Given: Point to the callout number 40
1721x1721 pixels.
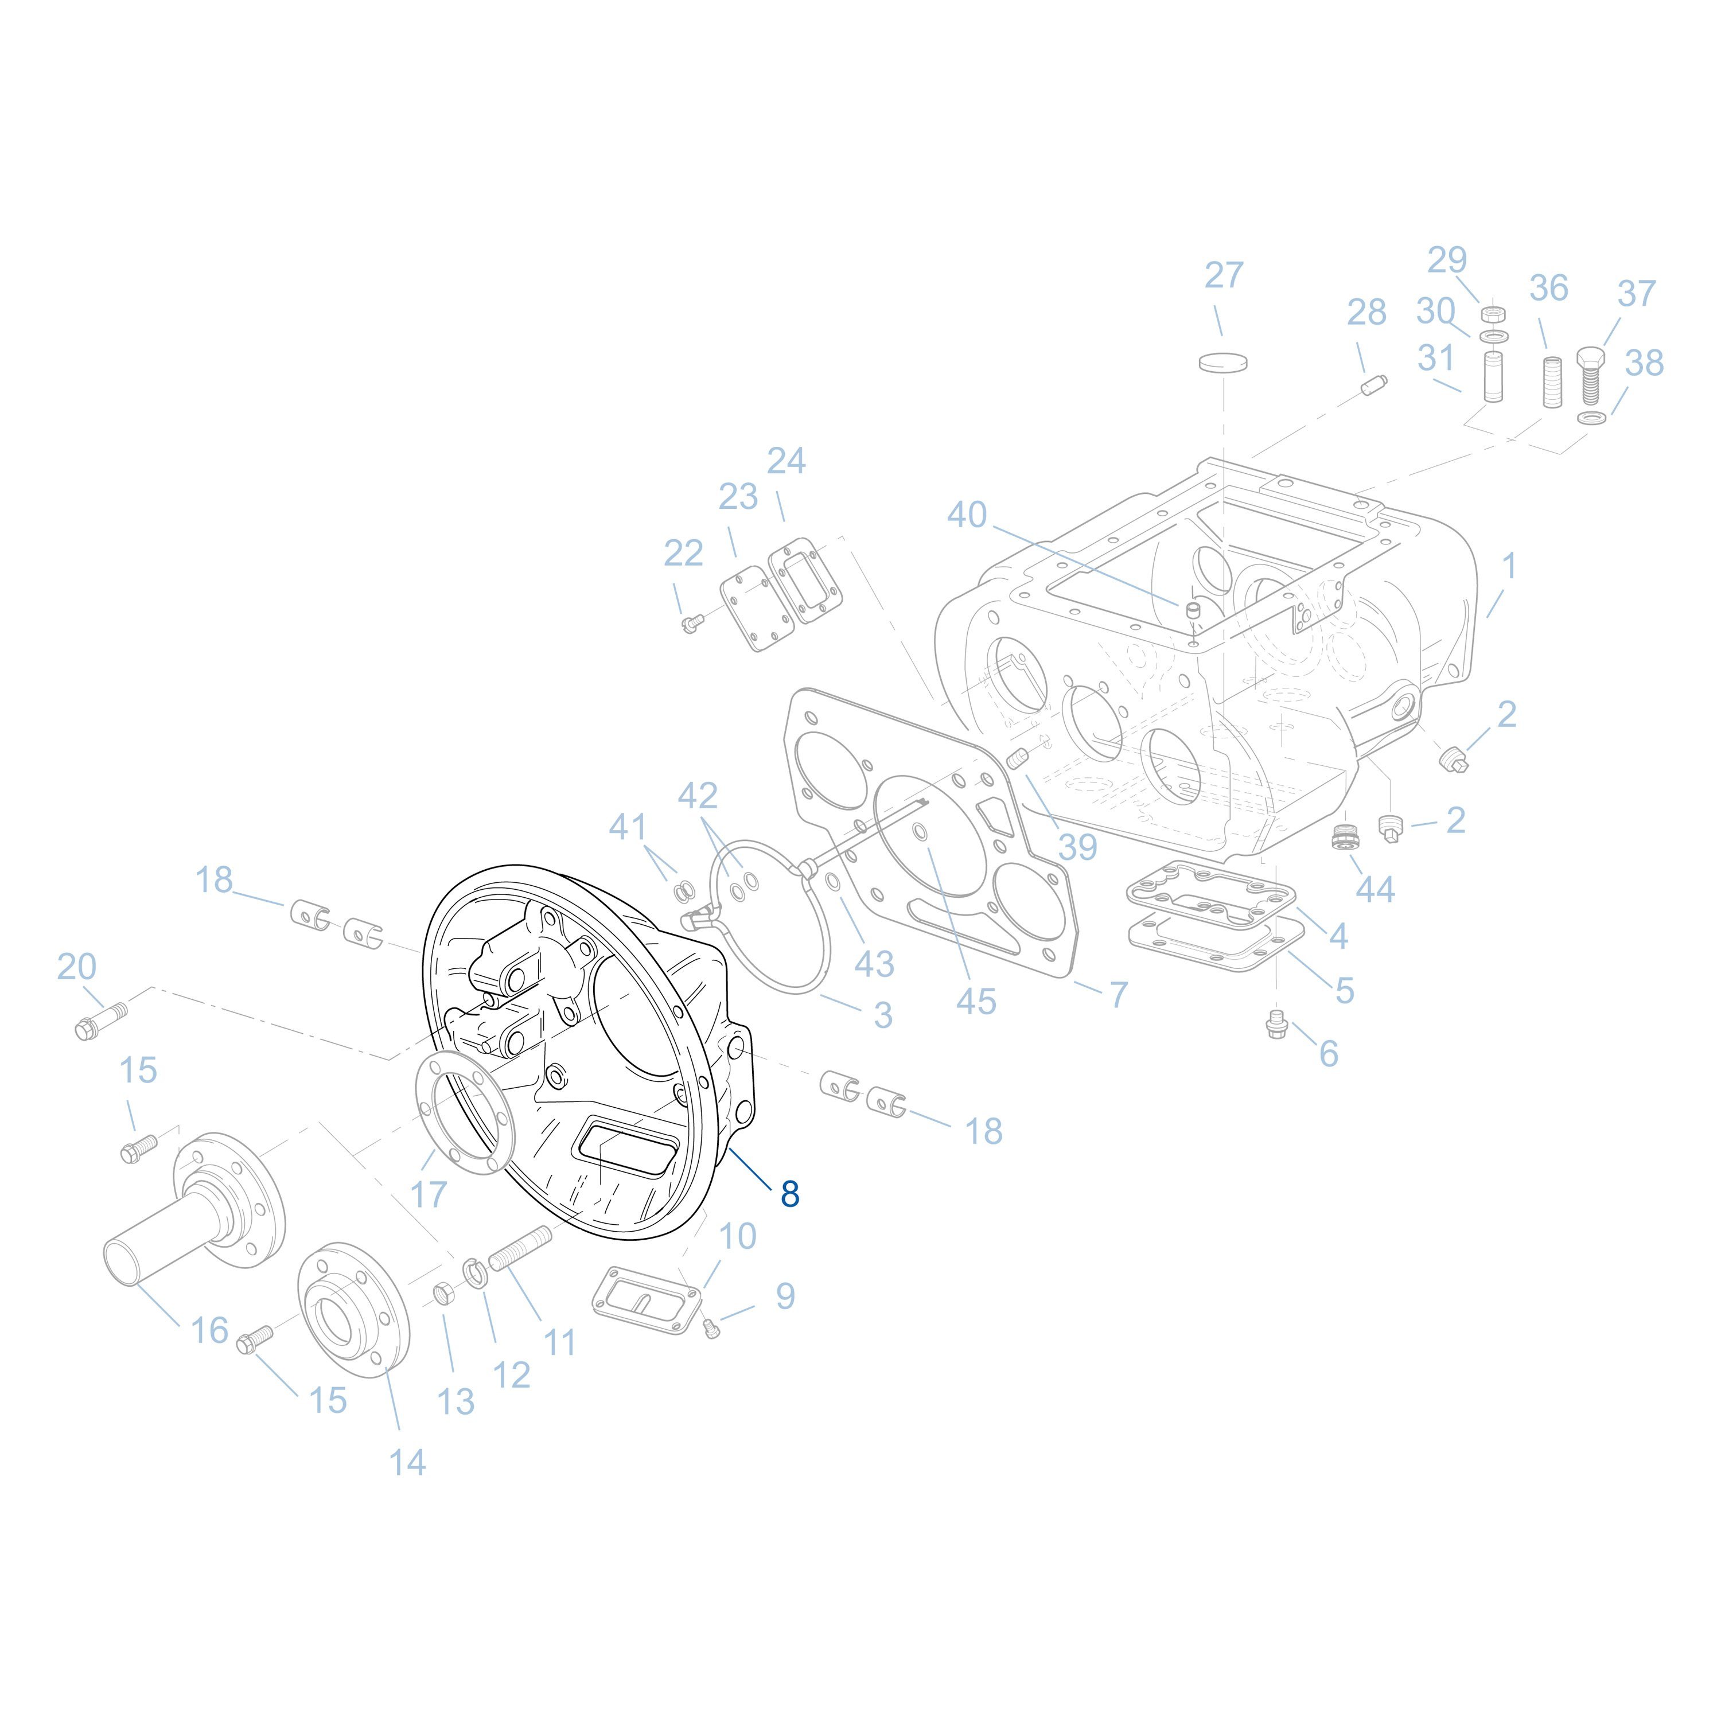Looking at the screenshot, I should (967, 515).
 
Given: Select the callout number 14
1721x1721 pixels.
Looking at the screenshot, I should (407, 1462).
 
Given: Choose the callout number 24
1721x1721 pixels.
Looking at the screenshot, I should (786, 461).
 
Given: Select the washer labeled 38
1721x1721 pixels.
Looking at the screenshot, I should (1592, 418).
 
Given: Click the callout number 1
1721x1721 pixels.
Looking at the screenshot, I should (1509, 564).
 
